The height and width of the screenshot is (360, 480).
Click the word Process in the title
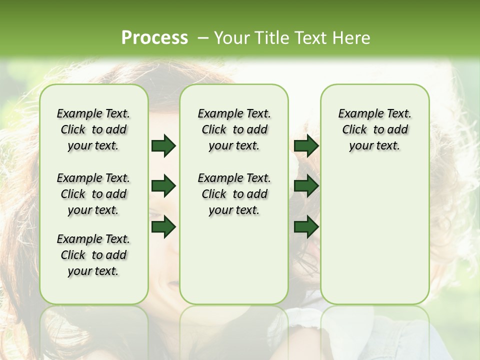coord(154,37)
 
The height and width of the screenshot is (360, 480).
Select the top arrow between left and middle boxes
coord(163,146)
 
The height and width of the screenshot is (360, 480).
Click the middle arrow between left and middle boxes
coord(163,186)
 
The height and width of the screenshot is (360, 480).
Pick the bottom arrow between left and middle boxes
coord(163,226)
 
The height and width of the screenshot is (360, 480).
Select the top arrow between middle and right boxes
coord(306,146)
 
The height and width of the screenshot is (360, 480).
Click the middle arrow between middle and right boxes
coord(306,186)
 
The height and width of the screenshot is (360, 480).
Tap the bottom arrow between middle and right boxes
coord(306,226)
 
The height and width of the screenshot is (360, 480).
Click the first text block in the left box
coord(93,129)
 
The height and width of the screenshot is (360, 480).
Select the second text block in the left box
coord(93,194)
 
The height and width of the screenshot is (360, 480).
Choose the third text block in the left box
coord(93,255)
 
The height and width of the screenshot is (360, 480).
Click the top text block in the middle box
coord(234,129)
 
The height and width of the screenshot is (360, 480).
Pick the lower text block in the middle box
coord(234,194)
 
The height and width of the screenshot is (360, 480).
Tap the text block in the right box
coord(374,129)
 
